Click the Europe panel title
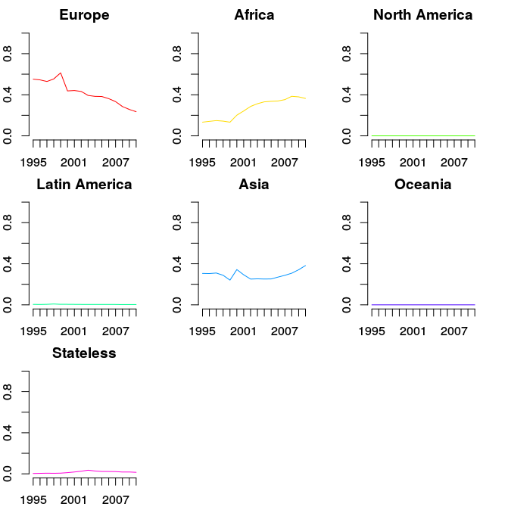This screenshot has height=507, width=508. point(84,15)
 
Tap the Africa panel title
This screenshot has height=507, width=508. point(254,15)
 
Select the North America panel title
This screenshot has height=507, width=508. point(423,15)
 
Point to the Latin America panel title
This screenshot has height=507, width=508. point(84,185)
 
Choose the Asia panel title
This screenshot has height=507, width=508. point(254,185)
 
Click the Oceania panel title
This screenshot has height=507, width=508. point(423,185)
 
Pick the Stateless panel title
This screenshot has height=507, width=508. point(84,353)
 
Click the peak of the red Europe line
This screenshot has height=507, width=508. point(61,73)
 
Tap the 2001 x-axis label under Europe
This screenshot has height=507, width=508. point(73,162)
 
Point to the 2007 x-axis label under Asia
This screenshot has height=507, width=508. point(285,331)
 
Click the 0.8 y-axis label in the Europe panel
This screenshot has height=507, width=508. point(8,53)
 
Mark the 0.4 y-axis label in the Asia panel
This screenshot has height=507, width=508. point(177,263)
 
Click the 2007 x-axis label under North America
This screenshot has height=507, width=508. point(454,162)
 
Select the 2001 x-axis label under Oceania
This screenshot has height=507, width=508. point(412,331)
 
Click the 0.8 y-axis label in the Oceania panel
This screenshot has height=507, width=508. point(347,222)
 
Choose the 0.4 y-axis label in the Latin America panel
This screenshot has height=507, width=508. point(8,263)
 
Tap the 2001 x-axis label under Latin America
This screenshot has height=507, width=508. point(73,331)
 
